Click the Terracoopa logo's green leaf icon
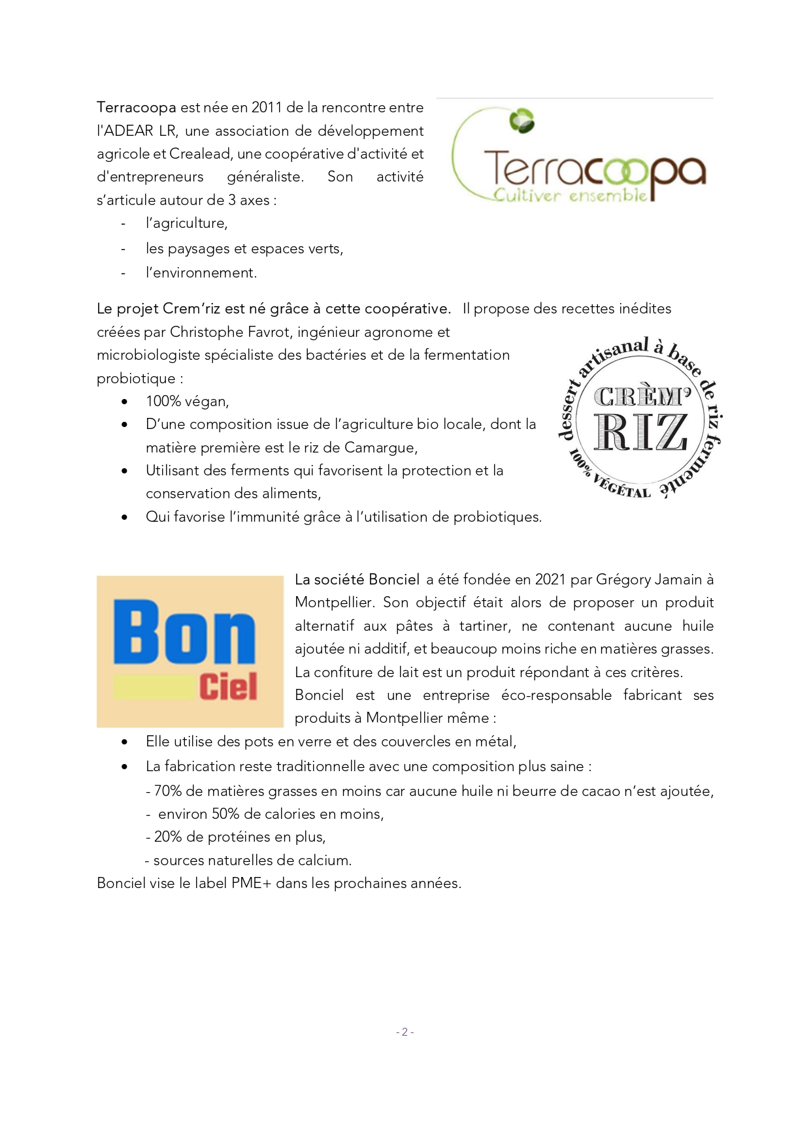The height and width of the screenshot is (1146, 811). (x=521, y=121)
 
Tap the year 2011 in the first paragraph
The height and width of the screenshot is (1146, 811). (x=267, y=108)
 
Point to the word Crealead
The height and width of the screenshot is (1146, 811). (x=200, y=154)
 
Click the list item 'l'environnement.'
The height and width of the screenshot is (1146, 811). (x=201, y=273)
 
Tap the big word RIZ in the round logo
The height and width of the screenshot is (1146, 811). (x=640, y=432)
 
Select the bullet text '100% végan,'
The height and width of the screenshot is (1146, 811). (x=187, y=402)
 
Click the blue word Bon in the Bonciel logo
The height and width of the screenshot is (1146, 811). (x=184, y=632)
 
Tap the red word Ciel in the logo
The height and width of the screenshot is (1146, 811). (x=228, y=686)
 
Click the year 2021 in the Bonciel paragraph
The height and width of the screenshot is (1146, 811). (x=550, y=580)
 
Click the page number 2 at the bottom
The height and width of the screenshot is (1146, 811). (x=405, y=1032)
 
